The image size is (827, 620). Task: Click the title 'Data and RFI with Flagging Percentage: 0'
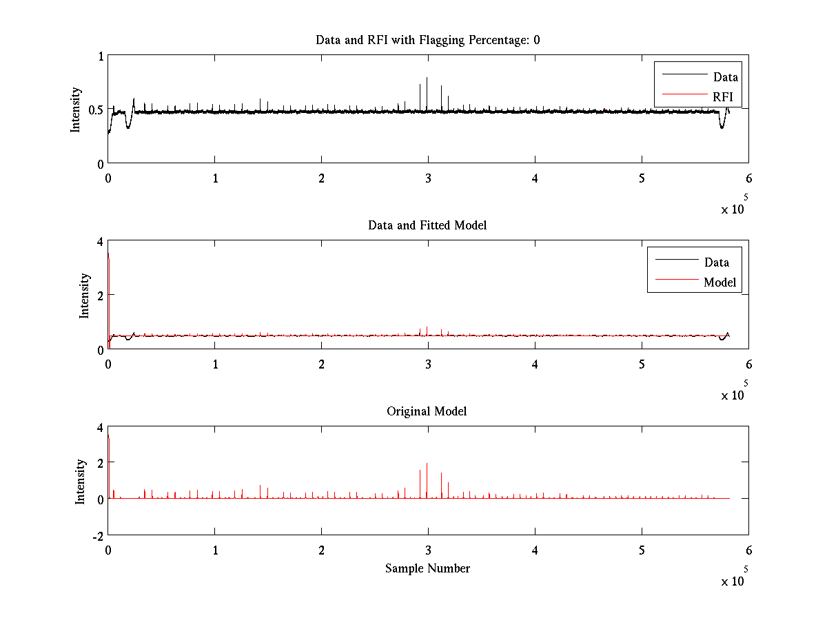tap(427, 40)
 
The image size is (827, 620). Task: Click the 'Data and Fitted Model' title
tap(427, 225)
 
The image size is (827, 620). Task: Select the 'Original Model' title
tap(427, 411)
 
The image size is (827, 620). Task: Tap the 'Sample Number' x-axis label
tap(427, 568)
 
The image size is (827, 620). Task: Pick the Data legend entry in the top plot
tap(725, 77)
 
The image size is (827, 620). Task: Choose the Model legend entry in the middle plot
tap(719, 282)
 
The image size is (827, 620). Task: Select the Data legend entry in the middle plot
tap(716, 262)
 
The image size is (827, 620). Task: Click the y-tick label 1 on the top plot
tap(101, 56)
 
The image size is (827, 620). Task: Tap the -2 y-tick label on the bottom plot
tap(96, 535)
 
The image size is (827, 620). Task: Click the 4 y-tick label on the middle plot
tap(100, 241)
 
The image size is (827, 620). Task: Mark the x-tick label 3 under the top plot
tap(428, 178)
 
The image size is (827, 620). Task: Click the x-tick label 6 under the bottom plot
tap(748, 550)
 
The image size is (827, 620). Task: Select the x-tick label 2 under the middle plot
tap(321, 364)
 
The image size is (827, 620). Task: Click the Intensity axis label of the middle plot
tap(85, 296)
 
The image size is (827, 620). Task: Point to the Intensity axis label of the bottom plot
tap(81, 482)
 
